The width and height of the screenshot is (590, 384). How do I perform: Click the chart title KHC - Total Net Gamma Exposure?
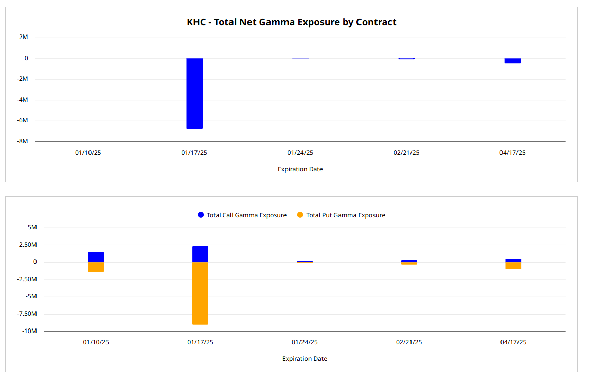coord(291,22)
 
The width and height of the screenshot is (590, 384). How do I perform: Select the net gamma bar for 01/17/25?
coord(194,93)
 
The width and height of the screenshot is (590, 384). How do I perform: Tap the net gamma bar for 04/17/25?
coord(512,61)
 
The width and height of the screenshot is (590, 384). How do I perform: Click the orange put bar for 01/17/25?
coord(200,293)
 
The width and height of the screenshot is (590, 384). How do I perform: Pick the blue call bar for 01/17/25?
coord(200,254)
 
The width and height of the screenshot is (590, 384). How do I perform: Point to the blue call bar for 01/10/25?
coord(96,257)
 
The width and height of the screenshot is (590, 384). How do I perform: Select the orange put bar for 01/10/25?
coord(96,267)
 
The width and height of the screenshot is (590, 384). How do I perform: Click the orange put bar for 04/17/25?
coord(513,266)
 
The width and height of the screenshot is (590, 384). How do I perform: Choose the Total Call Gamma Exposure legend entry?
coord(242,215)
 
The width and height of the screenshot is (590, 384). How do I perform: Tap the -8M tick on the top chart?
coord(23,141)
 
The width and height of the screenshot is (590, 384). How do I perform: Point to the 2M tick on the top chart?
coord(24,37)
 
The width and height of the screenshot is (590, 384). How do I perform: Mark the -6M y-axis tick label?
coord(23,121)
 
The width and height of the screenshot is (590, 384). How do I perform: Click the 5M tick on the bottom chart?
coord(32,227)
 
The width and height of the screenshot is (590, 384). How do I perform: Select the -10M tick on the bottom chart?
coord(29,331)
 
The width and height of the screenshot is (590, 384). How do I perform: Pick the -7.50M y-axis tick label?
coord(28,314)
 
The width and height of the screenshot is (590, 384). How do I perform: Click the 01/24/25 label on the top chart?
coord(300,153)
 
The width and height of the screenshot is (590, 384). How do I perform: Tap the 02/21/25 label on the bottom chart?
coord(409,342)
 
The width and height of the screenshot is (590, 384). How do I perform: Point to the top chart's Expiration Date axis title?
coord(300,169)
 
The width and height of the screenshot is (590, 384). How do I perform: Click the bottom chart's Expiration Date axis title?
coord(305,359)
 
